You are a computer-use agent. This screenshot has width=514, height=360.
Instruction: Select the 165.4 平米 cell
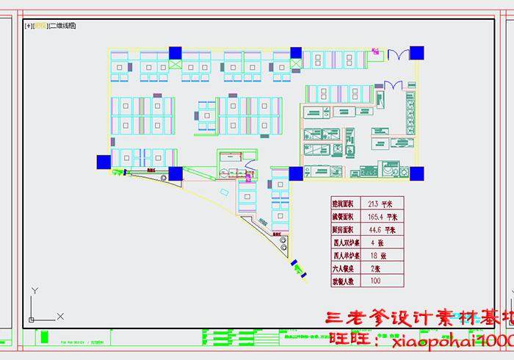[382, 217]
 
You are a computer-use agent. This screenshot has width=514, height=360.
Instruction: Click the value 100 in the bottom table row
[375, 281]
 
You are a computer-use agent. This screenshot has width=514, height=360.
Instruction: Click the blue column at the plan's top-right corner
[416, 52]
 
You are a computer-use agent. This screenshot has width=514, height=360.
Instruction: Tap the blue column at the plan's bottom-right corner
[416, 173]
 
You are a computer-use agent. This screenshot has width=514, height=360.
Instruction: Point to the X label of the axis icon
[60, 316]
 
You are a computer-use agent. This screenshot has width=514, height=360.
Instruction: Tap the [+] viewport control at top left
[29, 26]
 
